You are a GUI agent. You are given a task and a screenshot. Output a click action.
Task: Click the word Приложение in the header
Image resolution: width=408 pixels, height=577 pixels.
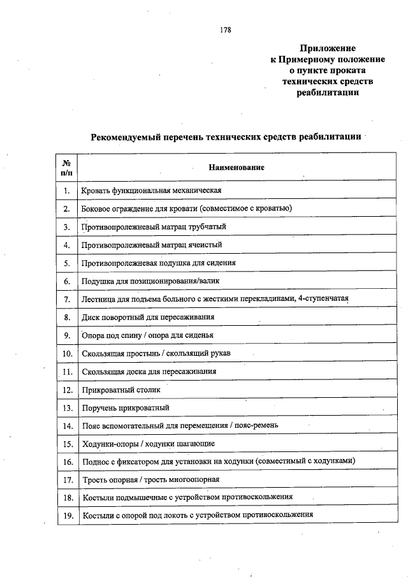coord(327,48)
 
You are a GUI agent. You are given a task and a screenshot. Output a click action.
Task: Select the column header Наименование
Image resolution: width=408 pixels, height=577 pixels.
coord(236,167)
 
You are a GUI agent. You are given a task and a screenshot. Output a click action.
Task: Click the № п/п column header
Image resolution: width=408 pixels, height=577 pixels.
coord(66,167)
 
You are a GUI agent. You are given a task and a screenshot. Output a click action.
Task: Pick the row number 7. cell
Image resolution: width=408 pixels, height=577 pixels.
coord(66,298)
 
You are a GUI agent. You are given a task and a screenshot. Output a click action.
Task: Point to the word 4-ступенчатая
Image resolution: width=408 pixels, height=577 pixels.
coord(323,298)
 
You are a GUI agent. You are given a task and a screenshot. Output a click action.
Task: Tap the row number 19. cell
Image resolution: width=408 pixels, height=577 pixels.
coord(66,515)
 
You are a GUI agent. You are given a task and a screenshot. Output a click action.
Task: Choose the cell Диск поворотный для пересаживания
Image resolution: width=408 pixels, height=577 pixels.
coord(148,317)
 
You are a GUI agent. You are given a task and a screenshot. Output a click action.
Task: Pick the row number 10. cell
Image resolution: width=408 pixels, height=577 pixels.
coord(66,353)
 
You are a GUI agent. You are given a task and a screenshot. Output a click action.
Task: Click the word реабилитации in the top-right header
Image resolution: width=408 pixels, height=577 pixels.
coord(327,92)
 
